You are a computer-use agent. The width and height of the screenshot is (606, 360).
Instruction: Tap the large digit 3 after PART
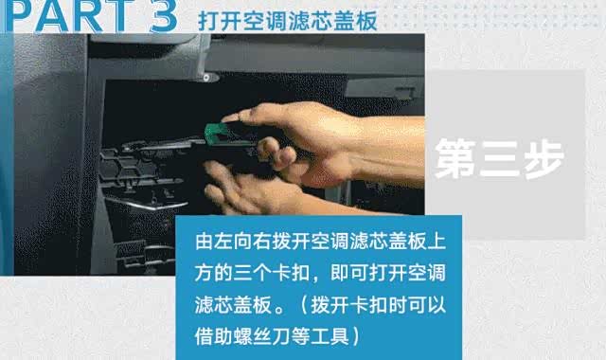point(163,16)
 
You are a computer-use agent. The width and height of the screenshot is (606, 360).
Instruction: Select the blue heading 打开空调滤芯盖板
point(287,21)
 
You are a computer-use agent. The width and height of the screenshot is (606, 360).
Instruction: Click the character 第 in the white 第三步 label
point(455,158)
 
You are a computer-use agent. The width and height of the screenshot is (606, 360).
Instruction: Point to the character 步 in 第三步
point(544,158)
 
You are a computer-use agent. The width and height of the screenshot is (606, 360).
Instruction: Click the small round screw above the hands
point(206,78)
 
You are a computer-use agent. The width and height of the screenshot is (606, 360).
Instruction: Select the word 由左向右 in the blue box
point(233,241)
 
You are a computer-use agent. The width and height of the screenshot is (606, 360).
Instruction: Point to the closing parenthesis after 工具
point(356,336)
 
